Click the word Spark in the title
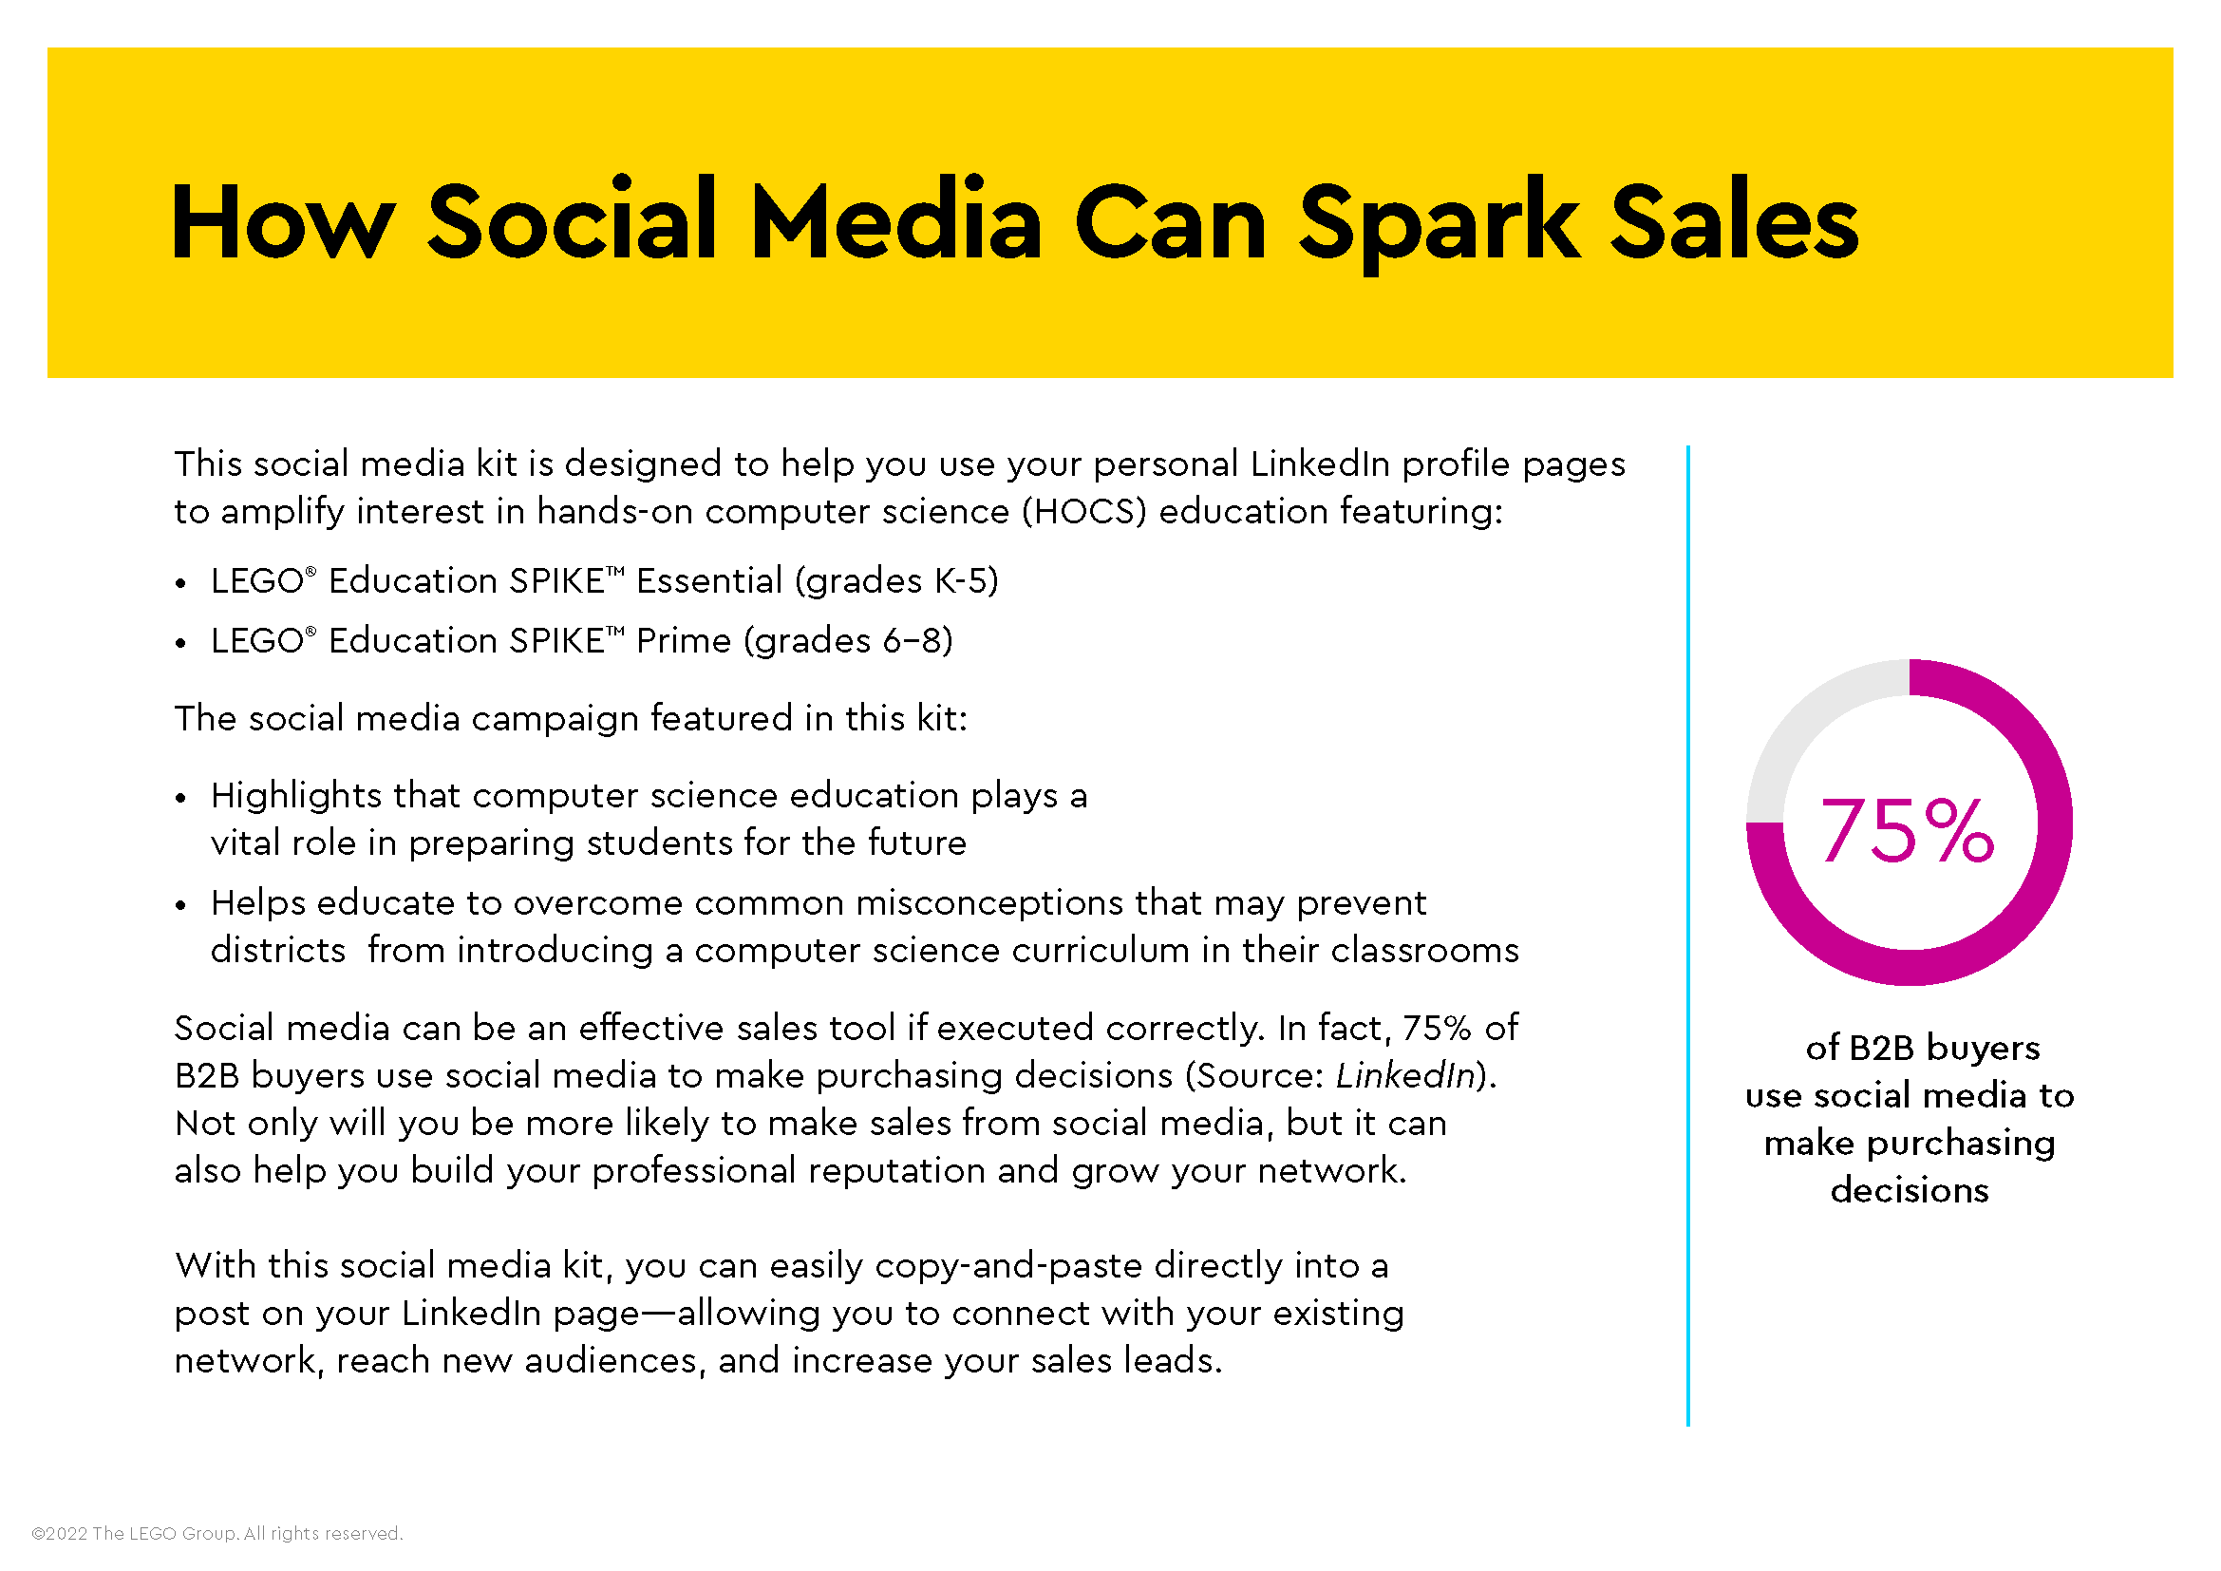pyautogui.click(x=1438, y=224)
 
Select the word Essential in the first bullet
pyautogui.click(x=709, y=581)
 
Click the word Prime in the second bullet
pyautogui.click(x=683, y=640)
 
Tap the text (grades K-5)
pyautogui.click(x=896, y=581)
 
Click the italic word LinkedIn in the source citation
pyautogui.click(x=1405, y=1076)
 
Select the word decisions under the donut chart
pyautogui.click(x=1910, y=1190)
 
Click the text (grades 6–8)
pyautogui.click(x=848, y=640)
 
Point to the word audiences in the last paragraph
pyautogui.click(x=611, y=1361)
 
